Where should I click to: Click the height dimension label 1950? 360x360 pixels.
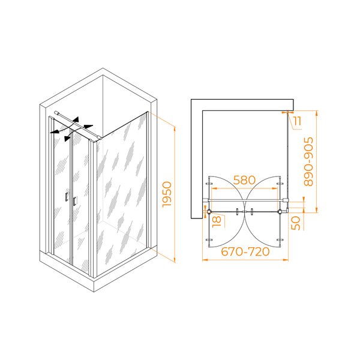[167, 194]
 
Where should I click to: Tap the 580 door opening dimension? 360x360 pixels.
[244, 180]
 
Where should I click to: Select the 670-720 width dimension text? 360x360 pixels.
[245, 251]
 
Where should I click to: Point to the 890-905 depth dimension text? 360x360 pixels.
[308, 161]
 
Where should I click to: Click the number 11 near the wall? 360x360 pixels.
[298, 121]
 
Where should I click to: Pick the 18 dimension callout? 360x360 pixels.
[217, 221]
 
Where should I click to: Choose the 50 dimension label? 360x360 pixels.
[295, 223]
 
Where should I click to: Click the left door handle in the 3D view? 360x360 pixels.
[67, 196]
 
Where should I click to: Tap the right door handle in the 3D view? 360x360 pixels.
[74, 201]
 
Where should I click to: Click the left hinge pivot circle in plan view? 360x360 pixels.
[209, 211]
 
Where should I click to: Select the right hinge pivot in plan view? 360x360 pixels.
[280, 211]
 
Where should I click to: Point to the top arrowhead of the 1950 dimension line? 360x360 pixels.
[175, 129]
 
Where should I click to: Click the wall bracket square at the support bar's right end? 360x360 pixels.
[286, 200]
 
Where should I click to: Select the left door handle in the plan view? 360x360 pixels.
[238, 211]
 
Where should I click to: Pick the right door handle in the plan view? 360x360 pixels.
[252, 211]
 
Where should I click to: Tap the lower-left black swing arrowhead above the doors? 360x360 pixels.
[67, 138]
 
